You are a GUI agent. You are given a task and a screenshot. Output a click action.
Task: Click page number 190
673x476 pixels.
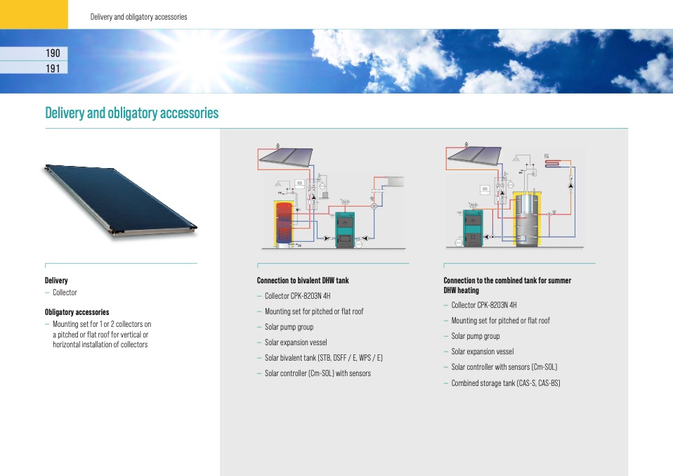click(x=53, y=53)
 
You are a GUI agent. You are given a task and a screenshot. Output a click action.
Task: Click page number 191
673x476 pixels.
click(x=53, y=68)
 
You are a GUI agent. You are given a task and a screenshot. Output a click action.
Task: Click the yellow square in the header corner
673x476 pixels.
click(x=34, y=14)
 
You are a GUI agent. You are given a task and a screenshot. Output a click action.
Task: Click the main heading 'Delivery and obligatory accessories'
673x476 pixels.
click(x=132, y=113)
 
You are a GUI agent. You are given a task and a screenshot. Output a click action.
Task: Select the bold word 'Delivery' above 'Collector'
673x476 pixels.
click(x=56, y=281)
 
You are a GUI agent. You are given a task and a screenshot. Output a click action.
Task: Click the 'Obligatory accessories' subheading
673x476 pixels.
click(x=77, y=312)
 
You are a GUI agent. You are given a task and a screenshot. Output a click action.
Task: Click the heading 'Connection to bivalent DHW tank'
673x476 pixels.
click(x=303, y=281)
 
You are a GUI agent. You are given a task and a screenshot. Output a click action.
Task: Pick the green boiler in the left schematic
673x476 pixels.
click(x=345, y=229)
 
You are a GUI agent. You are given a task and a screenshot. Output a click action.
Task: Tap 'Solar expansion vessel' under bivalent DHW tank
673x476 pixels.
click(x=296, y=342)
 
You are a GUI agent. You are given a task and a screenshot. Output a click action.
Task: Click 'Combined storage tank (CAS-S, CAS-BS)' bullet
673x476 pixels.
click(x=505, y=383)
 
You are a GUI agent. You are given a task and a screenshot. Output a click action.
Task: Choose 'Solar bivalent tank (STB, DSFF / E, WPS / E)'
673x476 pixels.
click(x=323, y=358)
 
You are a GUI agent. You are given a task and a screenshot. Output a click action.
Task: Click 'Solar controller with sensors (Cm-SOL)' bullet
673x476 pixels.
click(x=504, y=367)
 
